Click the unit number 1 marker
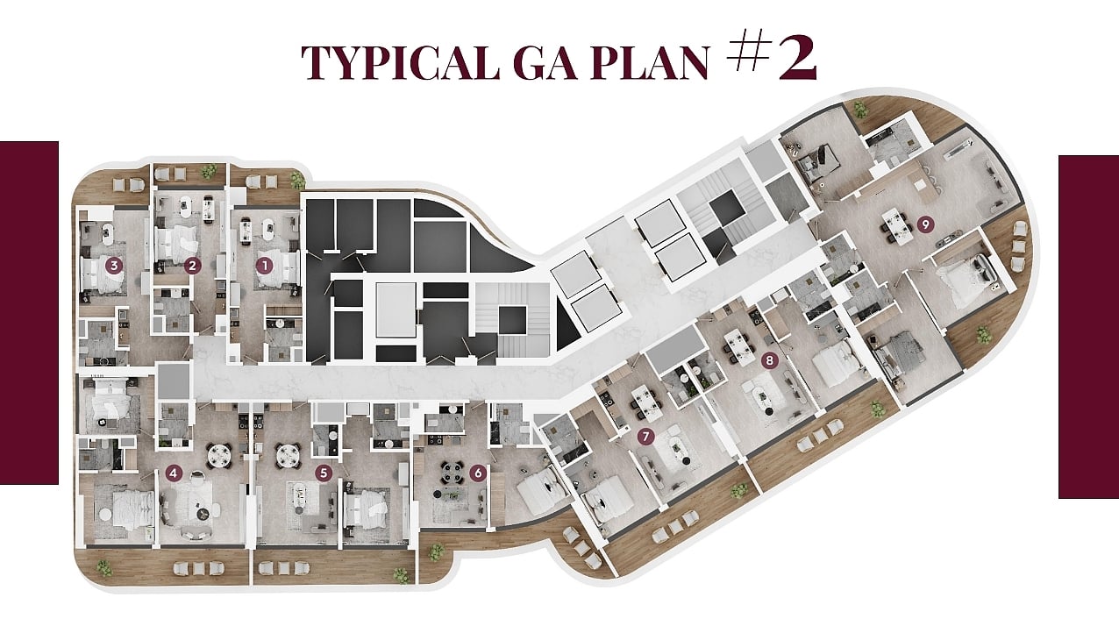click(264, 266)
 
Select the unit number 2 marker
click(192, 266)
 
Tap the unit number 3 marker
click(114, 266)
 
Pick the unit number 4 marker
click(174, 473)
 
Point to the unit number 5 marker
click(324, 473)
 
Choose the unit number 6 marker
click(478, 473)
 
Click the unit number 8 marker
click(769, 360)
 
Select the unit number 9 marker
click(926, 224)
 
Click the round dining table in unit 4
click(218, 455)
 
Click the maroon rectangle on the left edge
click(29, 313)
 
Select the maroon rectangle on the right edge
click(1089, 327)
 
